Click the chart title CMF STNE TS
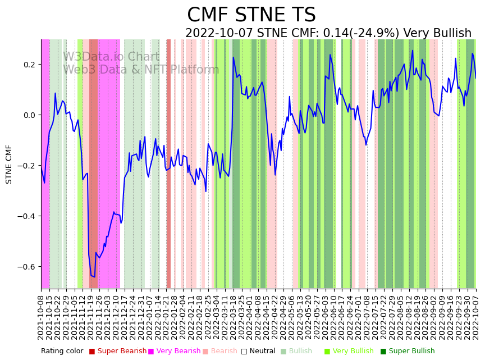(251, 15)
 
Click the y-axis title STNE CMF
(9, 164)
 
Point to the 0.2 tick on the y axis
(30, 65)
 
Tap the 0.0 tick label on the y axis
(30, 115)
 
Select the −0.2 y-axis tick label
(28, 166)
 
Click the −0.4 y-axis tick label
(28, 216)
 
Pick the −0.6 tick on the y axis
(28, 267)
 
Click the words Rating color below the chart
(62, 351)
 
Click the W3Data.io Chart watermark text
(111, 57)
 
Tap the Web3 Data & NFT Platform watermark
(140, 70)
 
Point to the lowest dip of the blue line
(94, 276)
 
